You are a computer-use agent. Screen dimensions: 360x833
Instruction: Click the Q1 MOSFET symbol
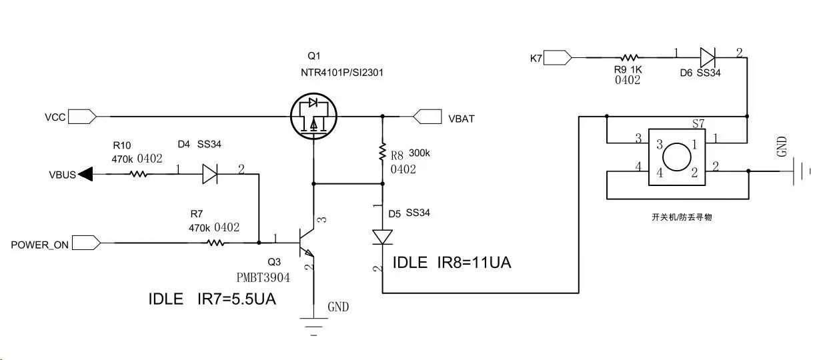pos(314,117)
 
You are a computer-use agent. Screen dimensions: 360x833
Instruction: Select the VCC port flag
pos(83,117)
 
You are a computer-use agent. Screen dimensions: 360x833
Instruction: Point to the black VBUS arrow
pos(85,175)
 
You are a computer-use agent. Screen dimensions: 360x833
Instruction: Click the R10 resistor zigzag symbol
pos(139,175)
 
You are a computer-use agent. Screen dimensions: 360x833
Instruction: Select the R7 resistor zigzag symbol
pos(216,243)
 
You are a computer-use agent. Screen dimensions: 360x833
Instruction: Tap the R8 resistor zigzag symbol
pos(383,152)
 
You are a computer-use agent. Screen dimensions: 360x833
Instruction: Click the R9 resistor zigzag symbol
pos(630,58)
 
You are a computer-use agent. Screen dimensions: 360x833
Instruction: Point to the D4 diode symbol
pos(209,175)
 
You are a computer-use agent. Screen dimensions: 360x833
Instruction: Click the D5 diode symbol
pos(383,237)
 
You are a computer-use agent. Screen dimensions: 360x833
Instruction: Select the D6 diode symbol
pos(708,58)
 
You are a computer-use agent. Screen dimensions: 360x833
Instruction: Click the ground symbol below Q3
pos(313,325)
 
